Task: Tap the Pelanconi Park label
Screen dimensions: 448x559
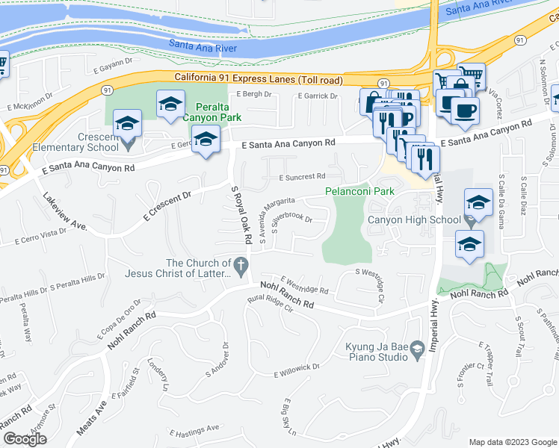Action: click(359, 191)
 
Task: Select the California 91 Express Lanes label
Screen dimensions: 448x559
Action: click(259, 78)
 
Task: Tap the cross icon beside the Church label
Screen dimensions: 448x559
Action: click(241, 264)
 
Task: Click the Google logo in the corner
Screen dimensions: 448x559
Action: click(24, 439)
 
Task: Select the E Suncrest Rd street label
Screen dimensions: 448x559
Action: click(302, 177)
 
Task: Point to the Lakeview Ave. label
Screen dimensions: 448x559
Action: click(66, 213)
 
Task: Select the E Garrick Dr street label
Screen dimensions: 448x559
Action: click(319, 96)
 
